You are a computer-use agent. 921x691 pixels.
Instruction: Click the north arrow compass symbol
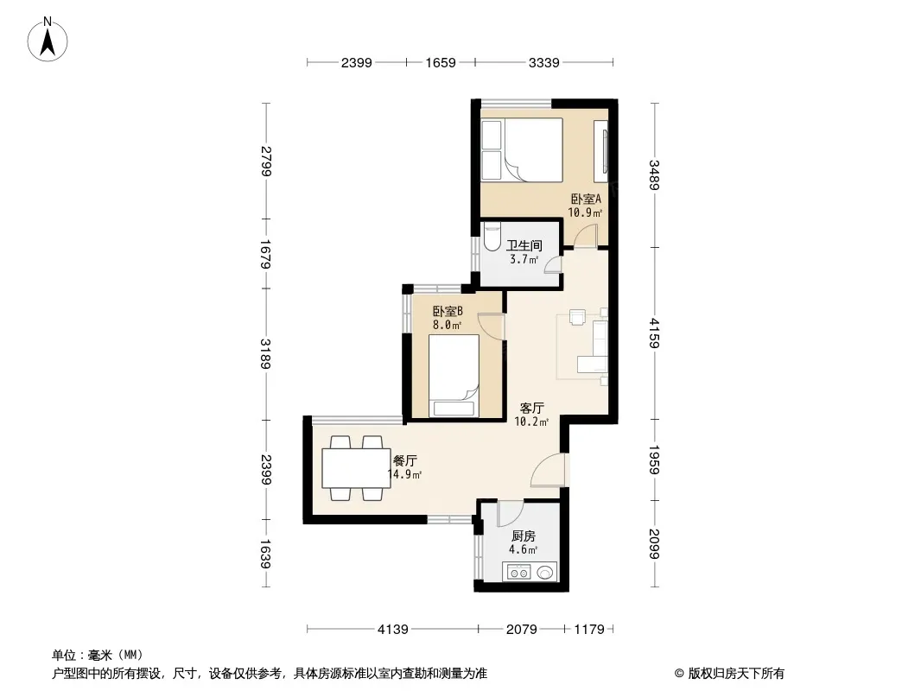click(x=48, y=40)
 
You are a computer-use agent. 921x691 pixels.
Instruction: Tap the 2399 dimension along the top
click(x=357, y=62)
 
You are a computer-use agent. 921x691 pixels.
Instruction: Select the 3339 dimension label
click(x=544, y=62)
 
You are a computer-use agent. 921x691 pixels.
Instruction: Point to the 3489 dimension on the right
click(x=654, y=175)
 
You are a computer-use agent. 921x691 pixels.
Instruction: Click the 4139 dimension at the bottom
click(x=392, y=630)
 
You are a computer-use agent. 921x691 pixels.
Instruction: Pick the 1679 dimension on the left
click(x=265, y=254)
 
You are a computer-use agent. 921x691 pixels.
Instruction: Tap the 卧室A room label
click(x=586, y=199)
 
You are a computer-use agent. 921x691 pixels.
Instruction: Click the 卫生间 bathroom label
click(x=524, y=245)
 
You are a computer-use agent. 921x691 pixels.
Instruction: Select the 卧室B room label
click(x=448, y=311)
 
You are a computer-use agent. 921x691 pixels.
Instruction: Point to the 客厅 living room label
click(x=532, y=408)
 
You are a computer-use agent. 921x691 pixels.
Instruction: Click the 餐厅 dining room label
click(x=404, y=461)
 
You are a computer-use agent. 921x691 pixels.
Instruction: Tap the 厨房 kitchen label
click(x=524, y=536)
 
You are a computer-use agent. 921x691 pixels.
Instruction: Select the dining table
click(x=356, y=468)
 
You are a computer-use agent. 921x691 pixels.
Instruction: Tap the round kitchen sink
click(x=545, y=572)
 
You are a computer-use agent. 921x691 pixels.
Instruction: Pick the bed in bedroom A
click(x=522, y=149)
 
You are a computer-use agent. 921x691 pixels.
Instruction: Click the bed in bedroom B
click(x=454, y=376)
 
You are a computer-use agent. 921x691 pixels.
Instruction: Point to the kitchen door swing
click(x=510, y=513)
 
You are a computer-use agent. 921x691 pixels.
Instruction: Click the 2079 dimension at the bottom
click(x=522, y=630)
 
